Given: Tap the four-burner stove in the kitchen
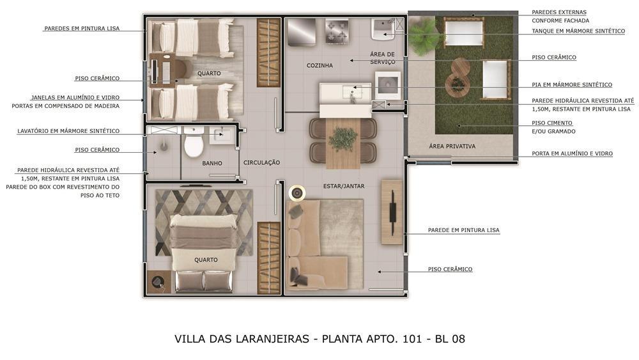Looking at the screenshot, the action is pyautogui.click(x=337, y=31).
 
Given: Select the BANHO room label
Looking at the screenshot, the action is pyautogui.click(x=212, y=163).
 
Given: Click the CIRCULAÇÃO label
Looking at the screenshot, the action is pyautogui.click(x=261, y=162).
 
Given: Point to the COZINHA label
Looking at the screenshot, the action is pyautogui.click(x=319, y=65).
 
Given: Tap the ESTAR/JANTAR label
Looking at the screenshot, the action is pyautogui.click(x=344, y=186).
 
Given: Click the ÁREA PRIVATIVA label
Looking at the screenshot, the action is pyautogui.click(x=452, y=146).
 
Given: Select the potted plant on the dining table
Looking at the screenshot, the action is pyautogui.click(x=343, y=139).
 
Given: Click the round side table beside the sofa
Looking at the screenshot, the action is pyautogui.click(x=297, y=193).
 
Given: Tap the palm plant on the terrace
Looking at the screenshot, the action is pyautogui.click(x=421, y=33).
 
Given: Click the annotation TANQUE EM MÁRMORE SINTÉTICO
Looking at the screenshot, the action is pyautogui.click(x=578, y=31).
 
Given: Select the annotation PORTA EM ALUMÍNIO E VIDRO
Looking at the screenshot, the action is pyautogui.click(x=572, y=153).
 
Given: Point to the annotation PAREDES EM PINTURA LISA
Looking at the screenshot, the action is pyautogui.click(x=82, y=29).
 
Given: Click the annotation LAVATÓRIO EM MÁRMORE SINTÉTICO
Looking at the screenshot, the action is pyautogui.click(x=68, y=131).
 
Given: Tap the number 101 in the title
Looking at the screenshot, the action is pyautogui.click(x=412, y=339).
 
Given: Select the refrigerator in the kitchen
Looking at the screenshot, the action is pyautogui.click(x=302, y=32).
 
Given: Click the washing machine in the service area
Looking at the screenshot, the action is pyautogui.click(x=388, y=86).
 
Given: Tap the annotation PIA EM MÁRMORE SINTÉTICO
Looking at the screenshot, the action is pyautogui.click(x=572, y=85).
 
